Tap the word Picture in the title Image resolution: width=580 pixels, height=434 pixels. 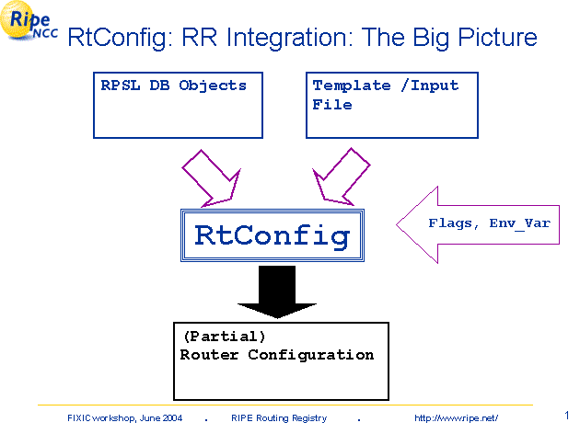click(x=492, y=38)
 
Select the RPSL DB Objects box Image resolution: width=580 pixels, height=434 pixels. click(x=174, y=103)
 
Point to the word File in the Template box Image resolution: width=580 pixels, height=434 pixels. click(x=331, y=105)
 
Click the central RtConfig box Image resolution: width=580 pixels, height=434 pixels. click(x=273, y=235)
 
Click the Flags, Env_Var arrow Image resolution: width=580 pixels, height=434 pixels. click(x=479, y=223)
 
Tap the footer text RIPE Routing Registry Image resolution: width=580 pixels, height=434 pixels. click(x=279, y=418)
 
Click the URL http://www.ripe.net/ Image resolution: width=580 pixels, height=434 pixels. click(x=456, y=418)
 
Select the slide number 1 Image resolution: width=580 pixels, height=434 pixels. click(x=564, y=415)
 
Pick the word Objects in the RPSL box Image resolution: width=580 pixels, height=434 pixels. click(x=213, y=86)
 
